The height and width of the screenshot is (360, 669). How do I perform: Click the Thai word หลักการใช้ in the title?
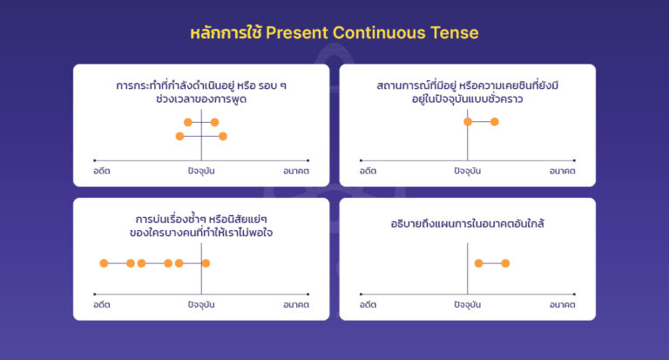225,33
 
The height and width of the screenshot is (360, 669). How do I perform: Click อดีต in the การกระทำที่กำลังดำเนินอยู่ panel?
102,171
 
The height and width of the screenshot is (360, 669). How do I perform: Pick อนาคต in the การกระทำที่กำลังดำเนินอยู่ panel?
296,171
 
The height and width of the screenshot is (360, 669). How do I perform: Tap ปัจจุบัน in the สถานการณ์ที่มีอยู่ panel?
468,171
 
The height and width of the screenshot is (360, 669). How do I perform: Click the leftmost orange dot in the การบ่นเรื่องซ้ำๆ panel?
104,262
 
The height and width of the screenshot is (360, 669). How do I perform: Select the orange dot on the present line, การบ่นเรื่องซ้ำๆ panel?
206,262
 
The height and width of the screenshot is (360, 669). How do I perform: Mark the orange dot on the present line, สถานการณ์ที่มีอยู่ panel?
468,121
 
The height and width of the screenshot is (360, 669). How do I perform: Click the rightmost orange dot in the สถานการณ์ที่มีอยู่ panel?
495,121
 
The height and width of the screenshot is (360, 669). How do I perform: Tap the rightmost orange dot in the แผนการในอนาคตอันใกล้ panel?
505,262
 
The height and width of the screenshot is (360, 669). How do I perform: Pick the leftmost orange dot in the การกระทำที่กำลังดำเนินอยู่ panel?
179,136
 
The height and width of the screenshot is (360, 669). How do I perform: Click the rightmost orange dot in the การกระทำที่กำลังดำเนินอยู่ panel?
223,136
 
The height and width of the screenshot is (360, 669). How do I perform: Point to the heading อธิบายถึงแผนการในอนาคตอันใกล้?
468,224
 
